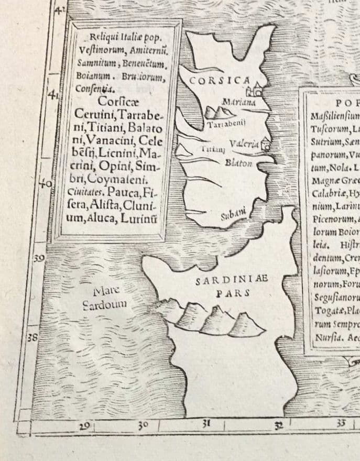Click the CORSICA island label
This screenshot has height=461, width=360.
[x=220, y=81]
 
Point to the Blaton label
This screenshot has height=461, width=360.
[x=238, y=163]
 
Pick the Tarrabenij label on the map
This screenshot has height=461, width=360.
[x=224, y=126]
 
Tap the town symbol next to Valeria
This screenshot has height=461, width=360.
[x=267, y=144]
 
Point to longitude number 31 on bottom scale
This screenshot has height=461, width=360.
[x=206, y=423]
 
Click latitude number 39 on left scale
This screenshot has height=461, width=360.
[x=38, y=259]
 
